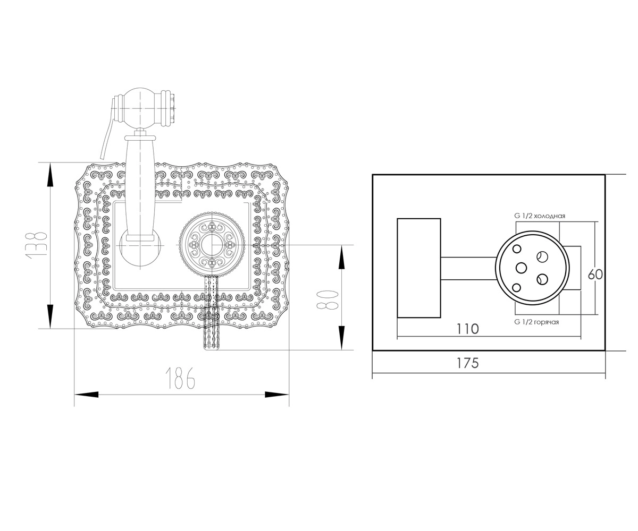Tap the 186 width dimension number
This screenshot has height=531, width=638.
pos(180,378)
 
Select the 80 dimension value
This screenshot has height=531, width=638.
pos(328,301)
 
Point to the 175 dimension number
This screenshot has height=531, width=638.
pos(468,363)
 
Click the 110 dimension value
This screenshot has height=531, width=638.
pos(468,329)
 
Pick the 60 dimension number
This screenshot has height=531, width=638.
pos(595,275)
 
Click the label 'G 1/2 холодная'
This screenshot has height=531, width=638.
pos(540,216)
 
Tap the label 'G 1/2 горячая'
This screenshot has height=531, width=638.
pos(536,322)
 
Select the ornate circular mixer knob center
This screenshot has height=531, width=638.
pos(212,245)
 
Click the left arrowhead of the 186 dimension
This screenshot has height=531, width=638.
pos(87,395)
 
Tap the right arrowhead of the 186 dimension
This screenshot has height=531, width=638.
pos(277,395)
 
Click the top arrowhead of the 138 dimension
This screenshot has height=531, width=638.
pos(50,174)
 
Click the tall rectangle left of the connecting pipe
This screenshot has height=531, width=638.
pos(418,268)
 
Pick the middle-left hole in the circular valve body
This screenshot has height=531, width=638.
pos(521,268)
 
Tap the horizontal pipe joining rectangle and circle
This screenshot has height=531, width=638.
pos(468,268)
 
